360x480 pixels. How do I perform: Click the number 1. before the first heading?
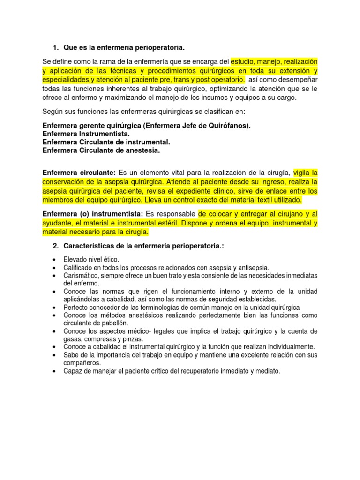(x=55, y=47)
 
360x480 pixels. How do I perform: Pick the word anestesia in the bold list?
(x=143, y=150)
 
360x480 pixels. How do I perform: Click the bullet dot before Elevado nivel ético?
(x=55, y=260)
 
